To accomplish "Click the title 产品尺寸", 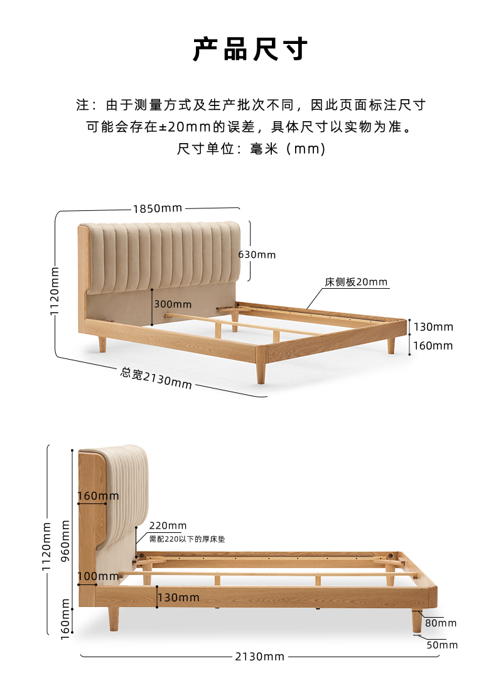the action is pyautogui.click(x=249, y=50).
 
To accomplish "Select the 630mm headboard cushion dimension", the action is pyautogui.click(x=257, y=255).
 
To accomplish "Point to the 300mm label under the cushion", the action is pyautogui.click(x=173, y=304).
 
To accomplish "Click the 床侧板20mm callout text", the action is pyautogui.click(x=356, y=282).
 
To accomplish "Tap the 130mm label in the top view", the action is pyautogui.click(x=433, y=327).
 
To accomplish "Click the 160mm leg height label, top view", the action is pyautogui.click(x=433, y=346).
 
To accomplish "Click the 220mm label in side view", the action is pyautogui.click(x=168, y=526).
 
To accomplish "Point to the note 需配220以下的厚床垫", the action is pyautogui.click(x=186, y=539).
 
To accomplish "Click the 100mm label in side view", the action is pyautogui.click(x=98, y=576).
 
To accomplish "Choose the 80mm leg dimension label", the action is pyautogui.click(x=441, y=623).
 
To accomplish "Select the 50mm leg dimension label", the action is pyautogui.click(x=442, y=645).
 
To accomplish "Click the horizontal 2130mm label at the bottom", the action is pyautogui.click(x=260, y=657).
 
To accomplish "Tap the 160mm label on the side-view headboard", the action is pyautogui.click(x=98, y=497).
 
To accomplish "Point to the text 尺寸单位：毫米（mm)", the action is pyautogui.click(x=251, y=149).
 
